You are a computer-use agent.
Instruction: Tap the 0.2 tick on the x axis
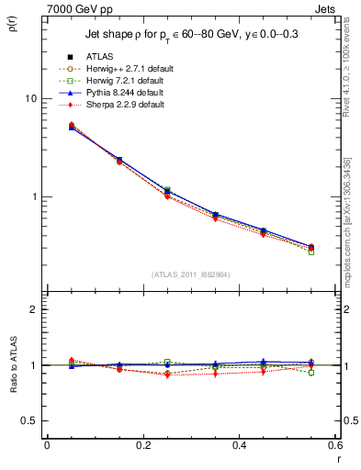[142, 446]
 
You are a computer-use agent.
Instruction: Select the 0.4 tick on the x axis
[239, 446]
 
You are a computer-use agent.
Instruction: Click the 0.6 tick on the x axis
[333, 446]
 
